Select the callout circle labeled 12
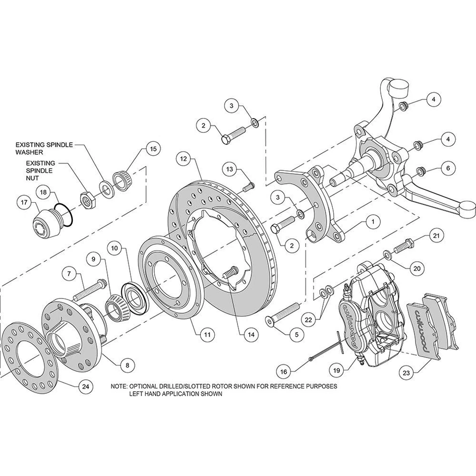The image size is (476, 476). tap(183, 159)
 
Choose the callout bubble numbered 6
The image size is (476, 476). tap(448, 169)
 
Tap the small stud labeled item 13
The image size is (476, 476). tap(248, 187)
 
